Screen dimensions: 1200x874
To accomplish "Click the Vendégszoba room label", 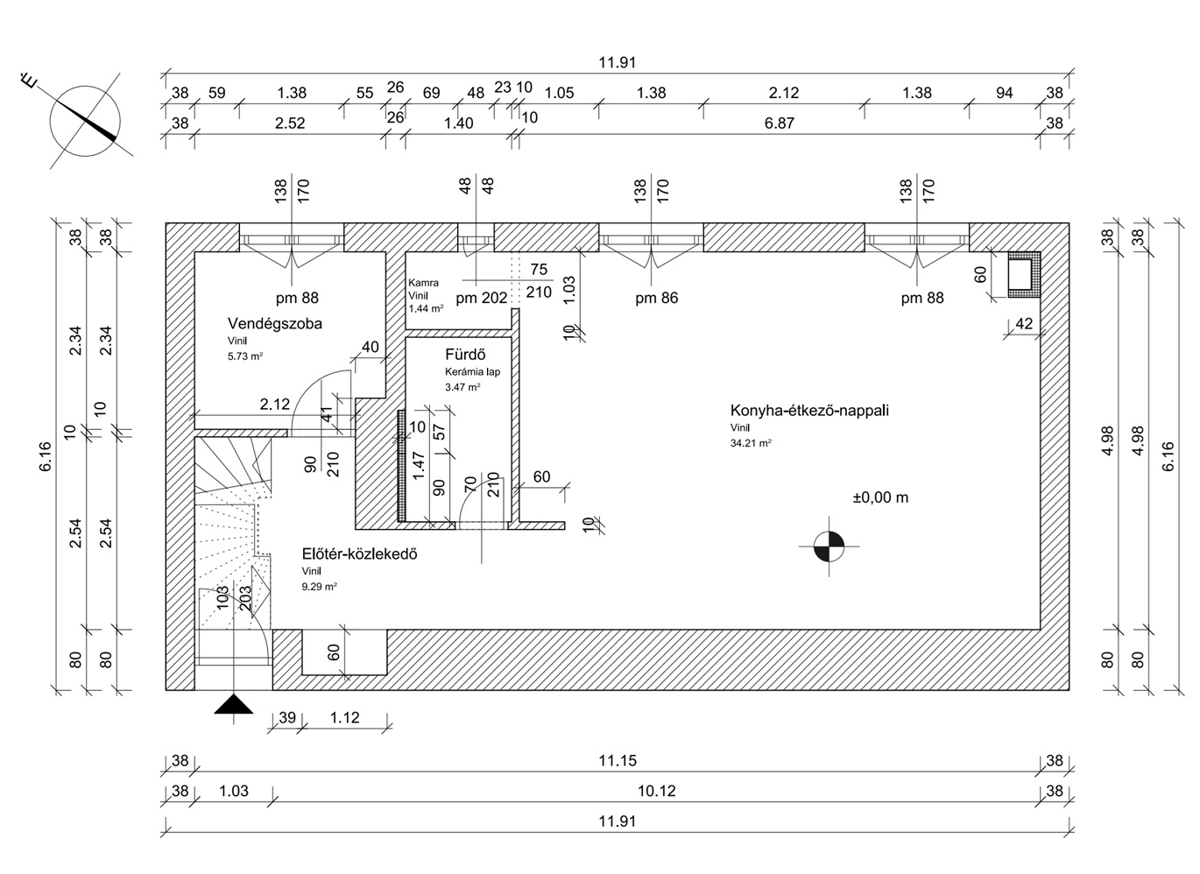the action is [275, 323].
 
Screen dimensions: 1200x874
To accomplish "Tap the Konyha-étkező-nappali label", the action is [809, 411].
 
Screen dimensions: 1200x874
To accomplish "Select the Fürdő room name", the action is [465, 355].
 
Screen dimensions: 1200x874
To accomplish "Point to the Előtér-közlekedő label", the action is [359, 553].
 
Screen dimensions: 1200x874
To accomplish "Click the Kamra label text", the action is [423, 283].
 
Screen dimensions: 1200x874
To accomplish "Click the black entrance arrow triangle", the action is [234, 704].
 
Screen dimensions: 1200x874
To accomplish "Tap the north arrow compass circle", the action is [85, 121].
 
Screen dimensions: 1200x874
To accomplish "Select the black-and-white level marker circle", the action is [829, 546].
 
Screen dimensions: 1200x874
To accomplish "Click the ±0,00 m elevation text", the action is [880, 497].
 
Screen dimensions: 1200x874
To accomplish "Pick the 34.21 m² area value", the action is [751, 443].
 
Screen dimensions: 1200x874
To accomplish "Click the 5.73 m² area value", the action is [245, 356].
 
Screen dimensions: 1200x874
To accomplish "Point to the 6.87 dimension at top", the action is [779, 123].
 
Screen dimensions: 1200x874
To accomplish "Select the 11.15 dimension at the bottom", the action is [618, 760].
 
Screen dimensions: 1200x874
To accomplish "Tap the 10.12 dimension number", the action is [656, 791].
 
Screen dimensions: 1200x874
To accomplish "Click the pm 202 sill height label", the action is [481, 299].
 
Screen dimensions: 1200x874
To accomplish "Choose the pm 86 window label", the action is [656, 298].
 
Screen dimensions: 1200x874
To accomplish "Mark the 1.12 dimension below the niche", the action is [344, 717].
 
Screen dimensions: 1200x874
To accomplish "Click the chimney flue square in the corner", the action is [1024, 274].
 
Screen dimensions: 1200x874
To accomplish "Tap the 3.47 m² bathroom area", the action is [462, 387].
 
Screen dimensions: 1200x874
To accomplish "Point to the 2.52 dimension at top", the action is [290, 123].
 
